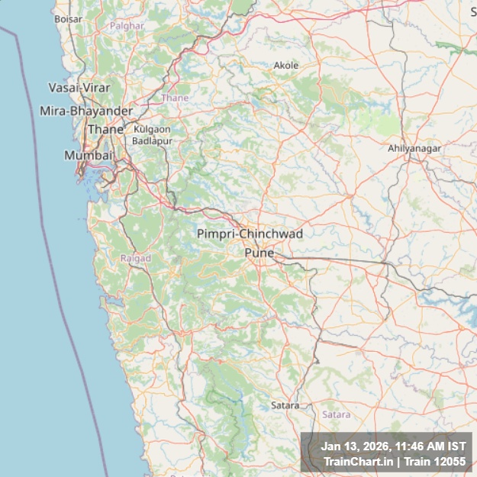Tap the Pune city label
coord(259,252)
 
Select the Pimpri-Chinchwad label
coord(250,234)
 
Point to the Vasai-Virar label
coord(79,88)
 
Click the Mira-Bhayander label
coord(86,111)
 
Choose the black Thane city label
coord(105,130)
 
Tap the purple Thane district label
coord(175,98)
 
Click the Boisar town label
coord(68,18)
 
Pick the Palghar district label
coord(127,25)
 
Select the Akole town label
coord(286,66)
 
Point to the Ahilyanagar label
coord(414,148)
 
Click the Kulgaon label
coord(152,130)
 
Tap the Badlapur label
coord(152,140)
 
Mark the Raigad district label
coord(136,258)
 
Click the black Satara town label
coord(285,405)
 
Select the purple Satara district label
coord(336,414)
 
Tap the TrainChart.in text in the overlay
coord(357,461)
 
